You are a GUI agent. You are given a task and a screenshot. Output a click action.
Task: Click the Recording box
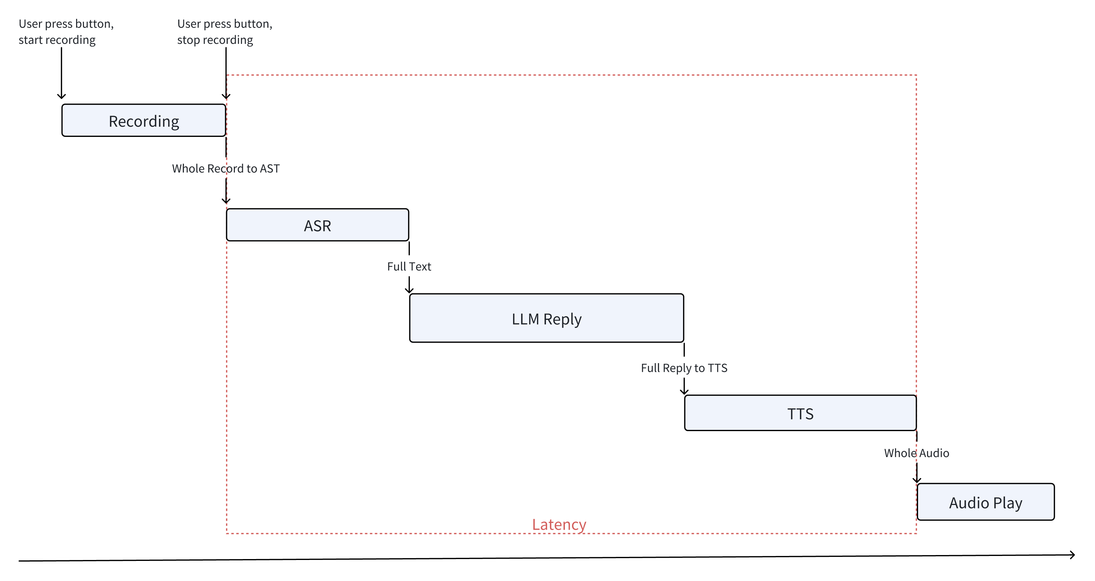tap(144, 121)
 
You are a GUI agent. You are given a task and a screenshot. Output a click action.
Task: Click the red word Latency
tap(559, 524)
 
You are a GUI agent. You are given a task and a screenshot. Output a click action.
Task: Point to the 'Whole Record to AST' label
tap(226, 169)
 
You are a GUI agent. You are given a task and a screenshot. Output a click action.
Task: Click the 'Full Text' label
tap(409, 266)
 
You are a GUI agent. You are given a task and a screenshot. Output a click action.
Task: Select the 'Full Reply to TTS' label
tap(684, 368)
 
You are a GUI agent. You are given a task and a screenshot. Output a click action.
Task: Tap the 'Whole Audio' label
tap(917, 453)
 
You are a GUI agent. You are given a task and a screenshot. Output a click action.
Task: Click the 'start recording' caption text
tap(57, 40)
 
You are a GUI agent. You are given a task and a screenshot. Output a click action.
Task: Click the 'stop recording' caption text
tap(215, 40)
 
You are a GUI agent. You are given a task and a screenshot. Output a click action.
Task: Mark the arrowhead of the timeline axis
tap(1072, 555)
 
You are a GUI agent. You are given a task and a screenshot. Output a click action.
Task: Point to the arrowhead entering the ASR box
tap(226, 201)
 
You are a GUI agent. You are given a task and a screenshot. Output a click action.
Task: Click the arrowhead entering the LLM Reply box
tap(409, 290)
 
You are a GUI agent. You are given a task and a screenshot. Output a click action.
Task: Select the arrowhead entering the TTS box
tap(684, 392)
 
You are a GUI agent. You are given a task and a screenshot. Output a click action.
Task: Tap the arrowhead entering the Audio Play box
tap(917, 480)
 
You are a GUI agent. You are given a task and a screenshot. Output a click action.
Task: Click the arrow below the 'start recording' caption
tap(62, 72)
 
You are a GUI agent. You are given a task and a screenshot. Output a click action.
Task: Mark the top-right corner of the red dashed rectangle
tap(916, 75)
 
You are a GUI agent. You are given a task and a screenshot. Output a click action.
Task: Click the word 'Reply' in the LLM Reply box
tap(562, 319)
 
